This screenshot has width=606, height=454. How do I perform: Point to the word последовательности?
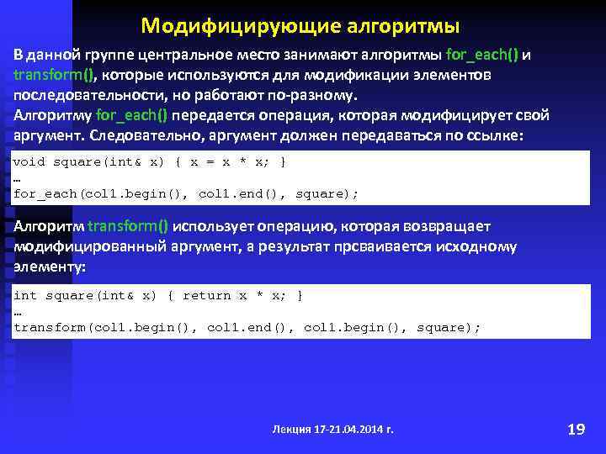(x=79, y=94)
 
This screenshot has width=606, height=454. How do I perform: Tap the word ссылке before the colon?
(x=492, y=135)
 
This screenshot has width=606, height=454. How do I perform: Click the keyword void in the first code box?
(x=29, y=161)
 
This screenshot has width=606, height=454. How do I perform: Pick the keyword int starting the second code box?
(x=25, y=295)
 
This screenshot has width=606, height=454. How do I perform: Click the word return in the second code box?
(x=206, y=295)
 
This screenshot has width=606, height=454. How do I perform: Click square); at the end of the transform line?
(x=449, y=327)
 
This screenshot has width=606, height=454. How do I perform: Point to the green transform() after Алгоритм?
(x=128, y=227)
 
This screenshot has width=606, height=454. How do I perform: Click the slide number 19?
(x=577, y=430)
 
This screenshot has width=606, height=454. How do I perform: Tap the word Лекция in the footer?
(x=290, y=430)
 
